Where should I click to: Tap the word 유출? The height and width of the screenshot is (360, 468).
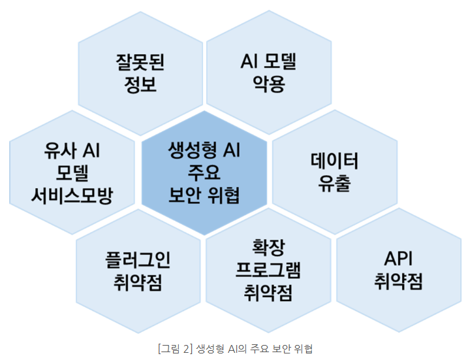tap(335, 184)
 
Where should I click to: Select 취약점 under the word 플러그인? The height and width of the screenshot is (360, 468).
tap(138, 282)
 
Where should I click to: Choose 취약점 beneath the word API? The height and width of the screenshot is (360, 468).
tap(398, 282)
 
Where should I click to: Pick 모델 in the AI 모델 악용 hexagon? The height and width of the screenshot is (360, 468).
tap(279, 63)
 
